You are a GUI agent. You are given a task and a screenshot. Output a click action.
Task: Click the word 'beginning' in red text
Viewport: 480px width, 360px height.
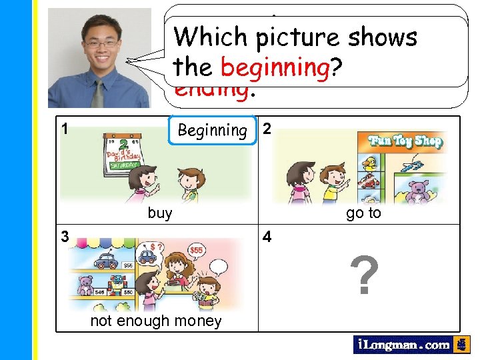(275, 68)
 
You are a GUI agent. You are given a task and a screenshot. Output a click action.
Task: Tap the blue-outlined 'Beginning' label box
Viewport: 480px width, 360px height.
(212, 130)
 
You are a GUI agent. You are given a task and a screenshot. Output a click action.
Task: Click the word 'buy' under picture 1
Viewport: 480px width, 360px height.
(159, 213)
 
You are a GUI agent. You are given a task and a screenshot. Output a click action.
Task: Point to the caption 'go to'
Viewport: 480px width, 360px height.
(363, 213)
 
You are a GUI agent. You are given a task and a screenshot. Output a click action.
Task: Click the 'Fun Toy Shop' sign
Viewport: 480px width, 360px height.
(403, 141)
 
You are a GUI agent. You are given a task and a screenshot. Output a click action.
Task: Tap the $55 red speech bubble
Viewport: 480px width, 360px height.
(196, 249)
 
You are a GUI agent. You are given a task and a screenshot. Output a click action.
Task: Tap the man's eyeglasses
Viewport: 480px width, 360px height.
(101, 44)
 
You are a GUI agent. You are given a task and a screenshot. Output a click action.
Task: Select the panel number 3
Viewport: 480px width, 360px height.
(65, 235)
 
